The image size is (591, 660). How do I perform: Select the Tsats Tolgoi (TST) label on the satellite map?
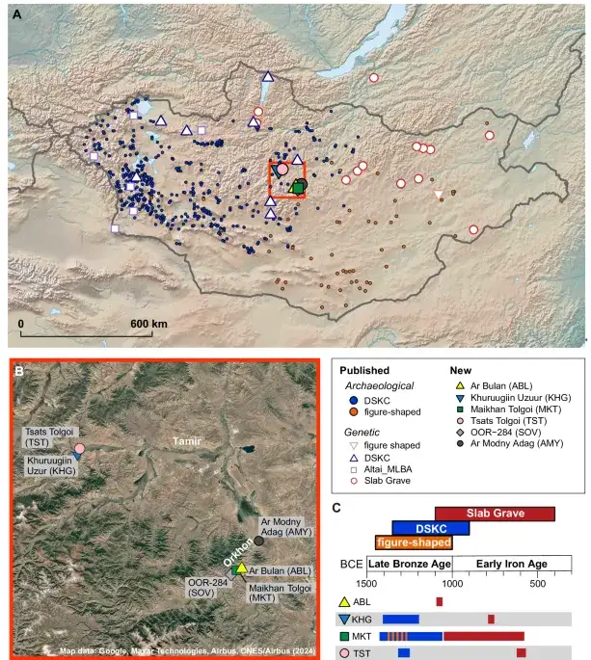click(x=47, y=435)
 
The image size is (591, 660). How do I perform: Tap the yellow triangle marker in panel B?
click(x=241, y=568)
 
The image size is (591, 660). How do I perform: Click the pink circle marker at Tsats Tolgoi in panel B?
click(x=80, y=449)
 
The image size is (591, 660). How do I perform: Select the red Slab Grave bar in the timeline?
click(x=495, y=514)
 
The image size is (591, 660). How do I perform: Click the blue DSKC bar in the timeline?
click(x=430, y=528)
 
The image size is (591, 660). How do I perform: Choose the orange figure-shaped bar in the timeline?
click(x=415, y=542)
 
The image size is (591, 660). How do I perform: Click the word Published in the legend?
click(x=364, y=370)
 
